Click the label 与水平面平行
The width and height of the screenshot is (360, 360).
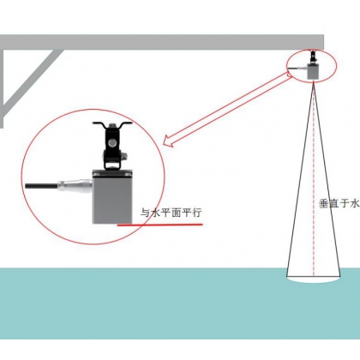(171, 213)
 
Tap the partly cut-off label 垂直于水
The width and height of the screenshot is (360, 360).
(339, 204)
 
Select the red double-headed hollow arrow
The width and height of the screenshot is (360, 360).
(228, 109)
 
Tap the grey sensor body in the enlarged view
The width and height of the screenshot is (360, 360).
(112, 196)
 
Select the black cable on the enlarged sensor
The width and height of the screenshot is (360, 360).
(42, 185)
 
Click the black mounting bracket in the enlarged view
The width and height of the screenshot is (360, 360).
(112, 145)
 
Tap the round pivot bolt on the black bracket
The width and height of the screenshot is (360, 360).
(112, 142)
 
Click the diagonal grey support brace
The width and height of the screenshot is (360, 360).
(32, 81)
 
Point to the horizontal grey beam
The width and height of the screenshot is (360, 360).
(162, 42)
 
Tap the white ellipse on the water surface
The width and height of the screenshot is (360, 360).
(314, 279)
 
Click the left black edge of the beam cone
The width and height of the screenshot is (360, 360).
(300, 179)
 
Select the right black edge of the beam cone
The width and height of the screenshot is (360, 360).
(327, 179)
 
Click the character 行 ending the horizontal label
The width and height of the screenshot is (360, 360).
(197, 213)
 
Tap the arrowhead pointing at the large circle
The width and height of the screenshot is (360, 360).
(168, 141)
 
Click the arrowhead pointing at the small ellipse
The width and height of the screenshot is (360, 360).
(288, 75)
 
